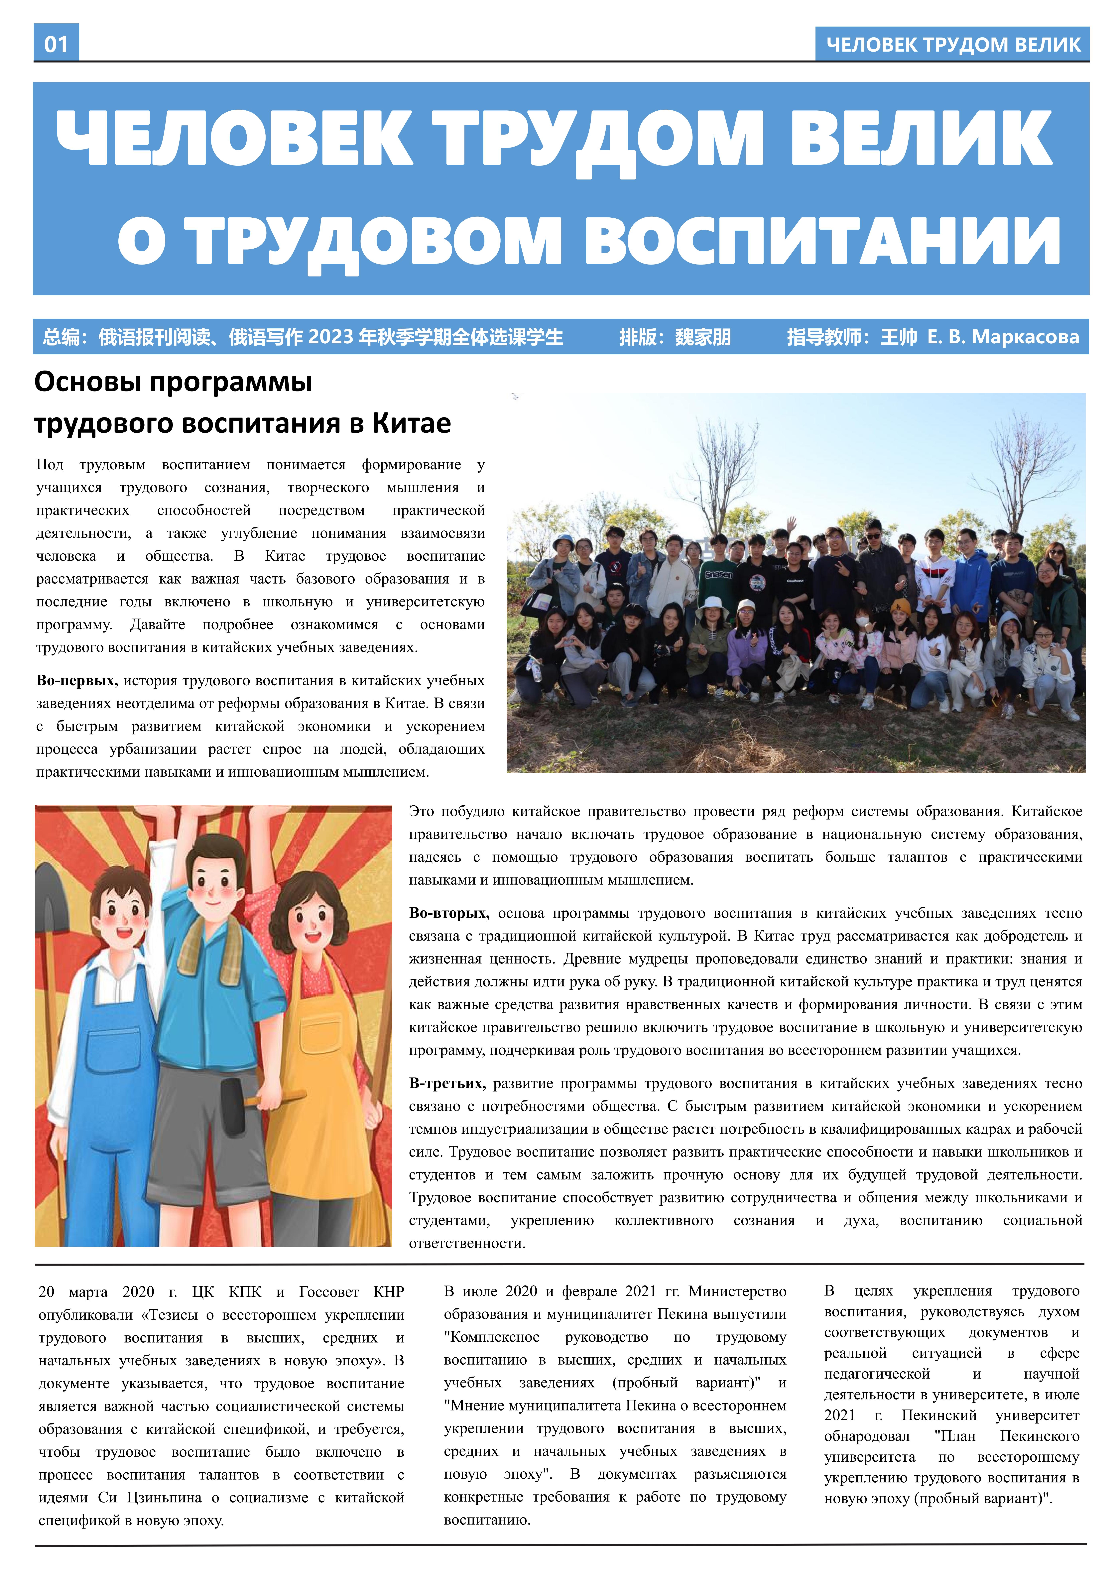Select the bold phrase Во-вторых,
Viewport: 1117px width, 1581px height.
click(449, 913)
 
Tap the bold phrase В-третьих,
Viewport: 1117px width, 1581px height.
click(447, 1083)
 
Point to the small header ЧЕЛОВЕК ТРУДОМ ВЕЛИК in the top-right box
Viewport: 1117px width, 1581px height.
click(952, 45)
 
